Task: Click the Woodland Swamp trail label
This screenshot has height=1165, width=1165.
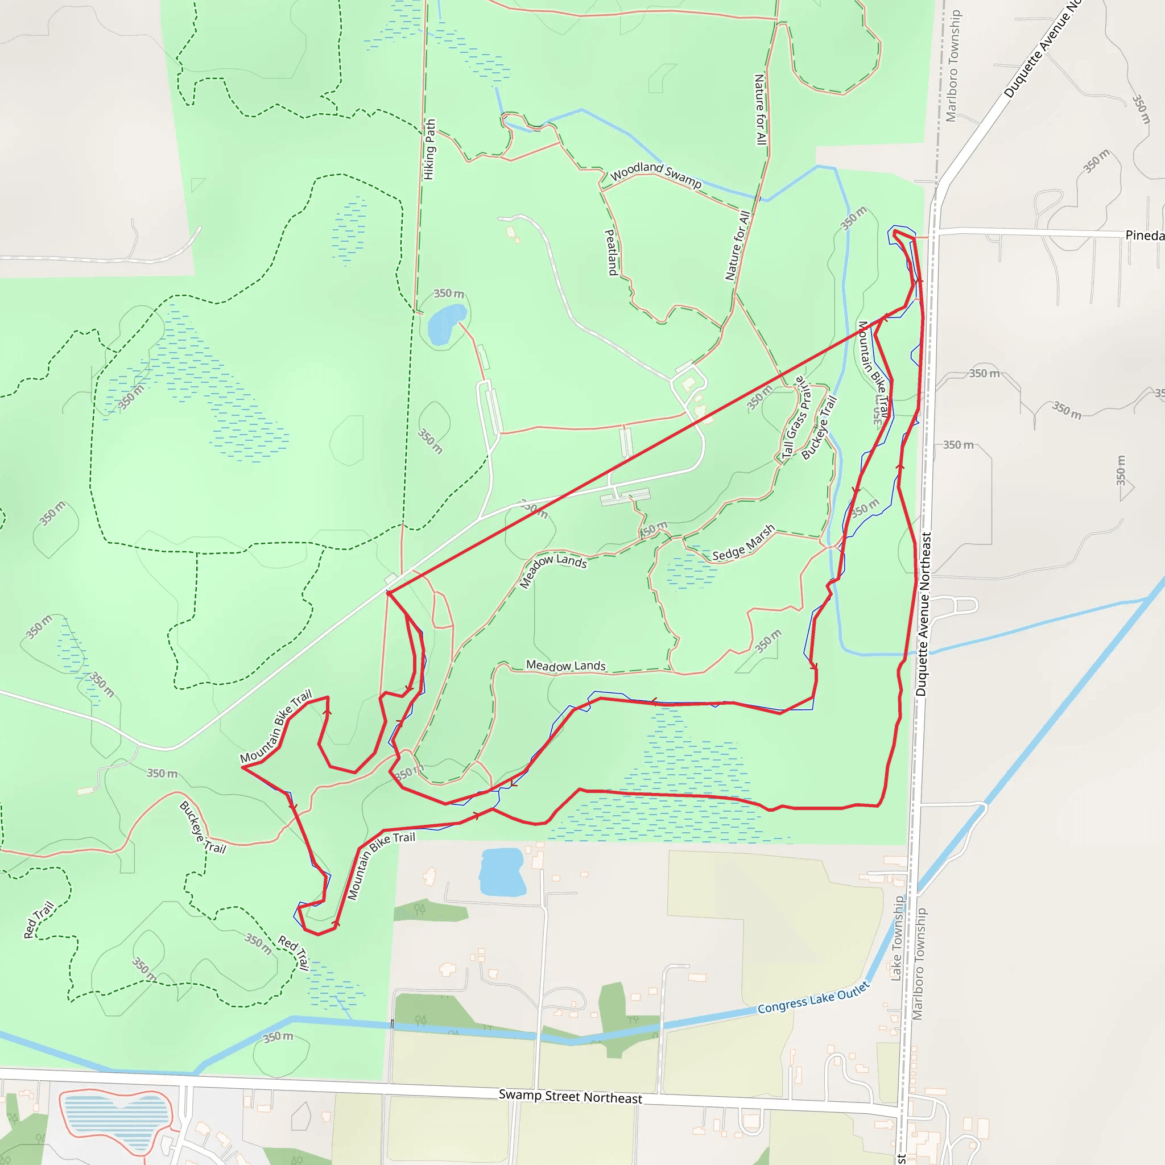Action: pyautogui.click(x=655, y=174)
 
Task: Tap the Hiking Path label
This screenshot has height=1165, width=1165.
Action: pyautogui.click(x=429, y=149)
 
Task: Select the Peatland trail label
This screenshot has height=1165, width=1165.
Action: pyautogui.click(x=611, y=252)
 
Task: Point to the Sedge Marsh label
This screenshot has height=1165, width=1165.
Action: pyautogui.click(x=743, y=543)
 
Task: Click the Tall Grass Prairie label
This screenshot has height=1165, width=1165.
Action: pyautogui.click(x=796, y=418)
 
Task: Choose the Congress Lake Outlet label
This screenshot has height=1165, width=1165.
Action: pyautogui.click(x=813, y=998)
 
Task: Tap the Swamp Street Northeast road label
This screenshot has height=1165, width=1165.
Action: pyautogui.click(x=570, y=1096)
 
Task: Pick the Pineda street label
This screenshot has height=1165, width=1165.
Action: pyautogui.click(x=1145, y=235)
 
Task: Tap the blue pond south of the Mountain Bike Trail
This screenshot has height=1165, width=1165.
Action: pyautogui.click(x=501, y=872)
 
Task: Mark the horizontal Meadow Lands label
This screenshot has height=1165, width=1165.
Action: pyautogui.click(x=565, y=666)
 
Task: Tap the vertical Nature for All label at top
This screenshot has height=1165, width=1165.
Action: pyautogui.click(x=761, y=109)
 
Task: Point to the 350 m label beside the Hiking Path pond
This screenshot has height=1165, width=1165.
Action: pyautogui.click(x=449, y=294)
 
